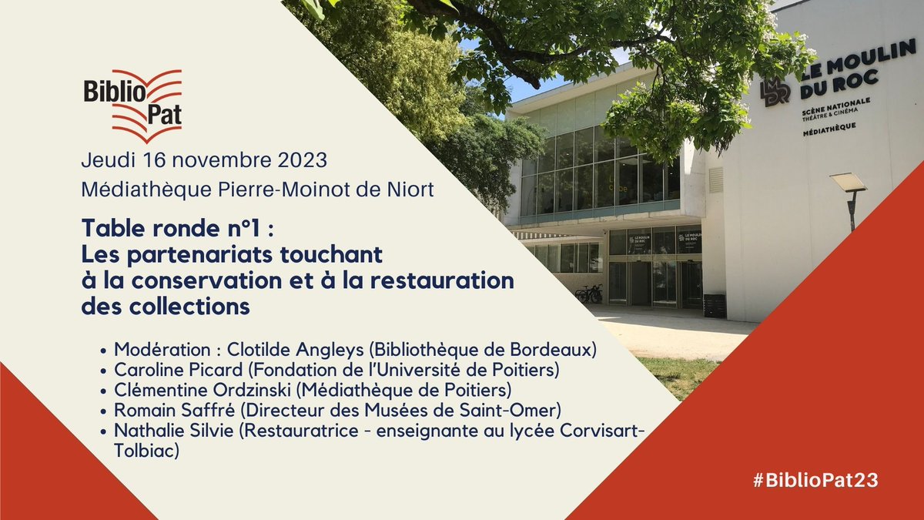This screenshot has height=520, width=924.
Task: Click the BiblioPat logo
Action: (x=133, y=106)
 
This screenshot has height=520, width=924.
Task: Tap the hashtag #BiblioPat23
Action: (x=815, y=479)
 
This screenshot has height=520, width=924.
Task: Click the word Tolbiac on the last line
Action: (x=146, y=451)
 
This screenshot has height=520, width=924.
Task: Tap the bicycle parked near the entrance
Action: (x=589, y=294)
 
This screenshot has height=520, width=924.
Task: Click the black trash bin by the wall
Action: (x=714, y=305)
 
